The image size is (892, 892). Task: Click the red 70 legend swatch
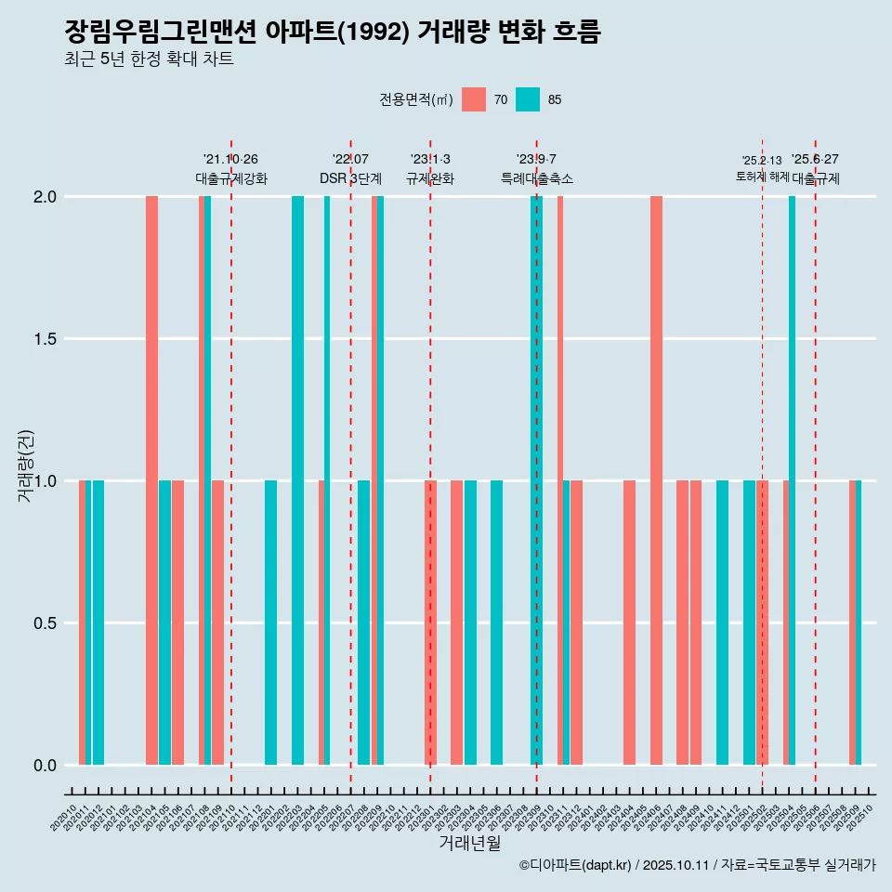coord(474,99)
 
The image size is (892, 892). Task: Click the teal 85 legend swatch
coord(528,99)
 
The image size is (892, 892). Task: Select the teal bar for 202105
coord(164,623)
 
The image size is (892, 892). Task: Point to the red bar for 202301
coord(430,623)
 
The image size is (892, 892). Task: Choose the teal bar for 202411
coord(722,623)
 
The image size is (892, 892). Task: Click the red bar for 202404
coord(629,623)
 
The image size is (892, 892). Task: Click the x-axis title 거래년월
coord(469,843)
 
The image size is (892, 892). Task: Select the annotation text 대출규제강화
coord(231,178)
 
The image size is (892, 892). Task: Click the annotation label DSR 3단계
coord(350,178)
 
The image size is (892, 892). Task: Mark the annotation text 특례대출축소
coord(536,178)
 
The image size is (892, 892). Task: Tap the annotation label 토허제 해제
coord(762,177)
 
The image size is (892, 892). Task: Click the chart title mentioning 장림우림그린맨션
coord(333,33)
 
